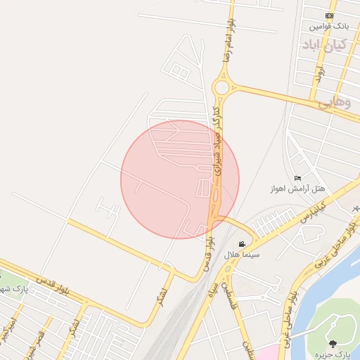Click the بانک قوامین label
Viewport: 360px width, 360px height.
[x=329, y=27]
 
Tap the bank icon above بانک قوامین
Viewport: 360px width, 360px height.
[x=329, y=15]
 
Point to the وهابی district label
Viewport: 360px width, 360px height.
[x=334, y=103]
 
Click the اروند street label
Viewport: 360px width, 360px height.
[x=318, y=73]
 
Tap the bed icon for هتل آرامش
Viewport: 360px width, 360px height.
[x=298, y=177]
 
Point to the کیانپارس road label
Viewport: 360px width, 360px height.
[x=315, y=209]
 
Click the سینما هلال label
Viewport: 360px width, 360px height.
[x=242, y=255]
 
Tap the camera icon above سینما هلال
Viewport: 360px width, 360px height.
[x=242, y=244]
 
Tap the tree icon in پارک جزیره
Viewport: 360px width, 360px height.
[x=333, y=343]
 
